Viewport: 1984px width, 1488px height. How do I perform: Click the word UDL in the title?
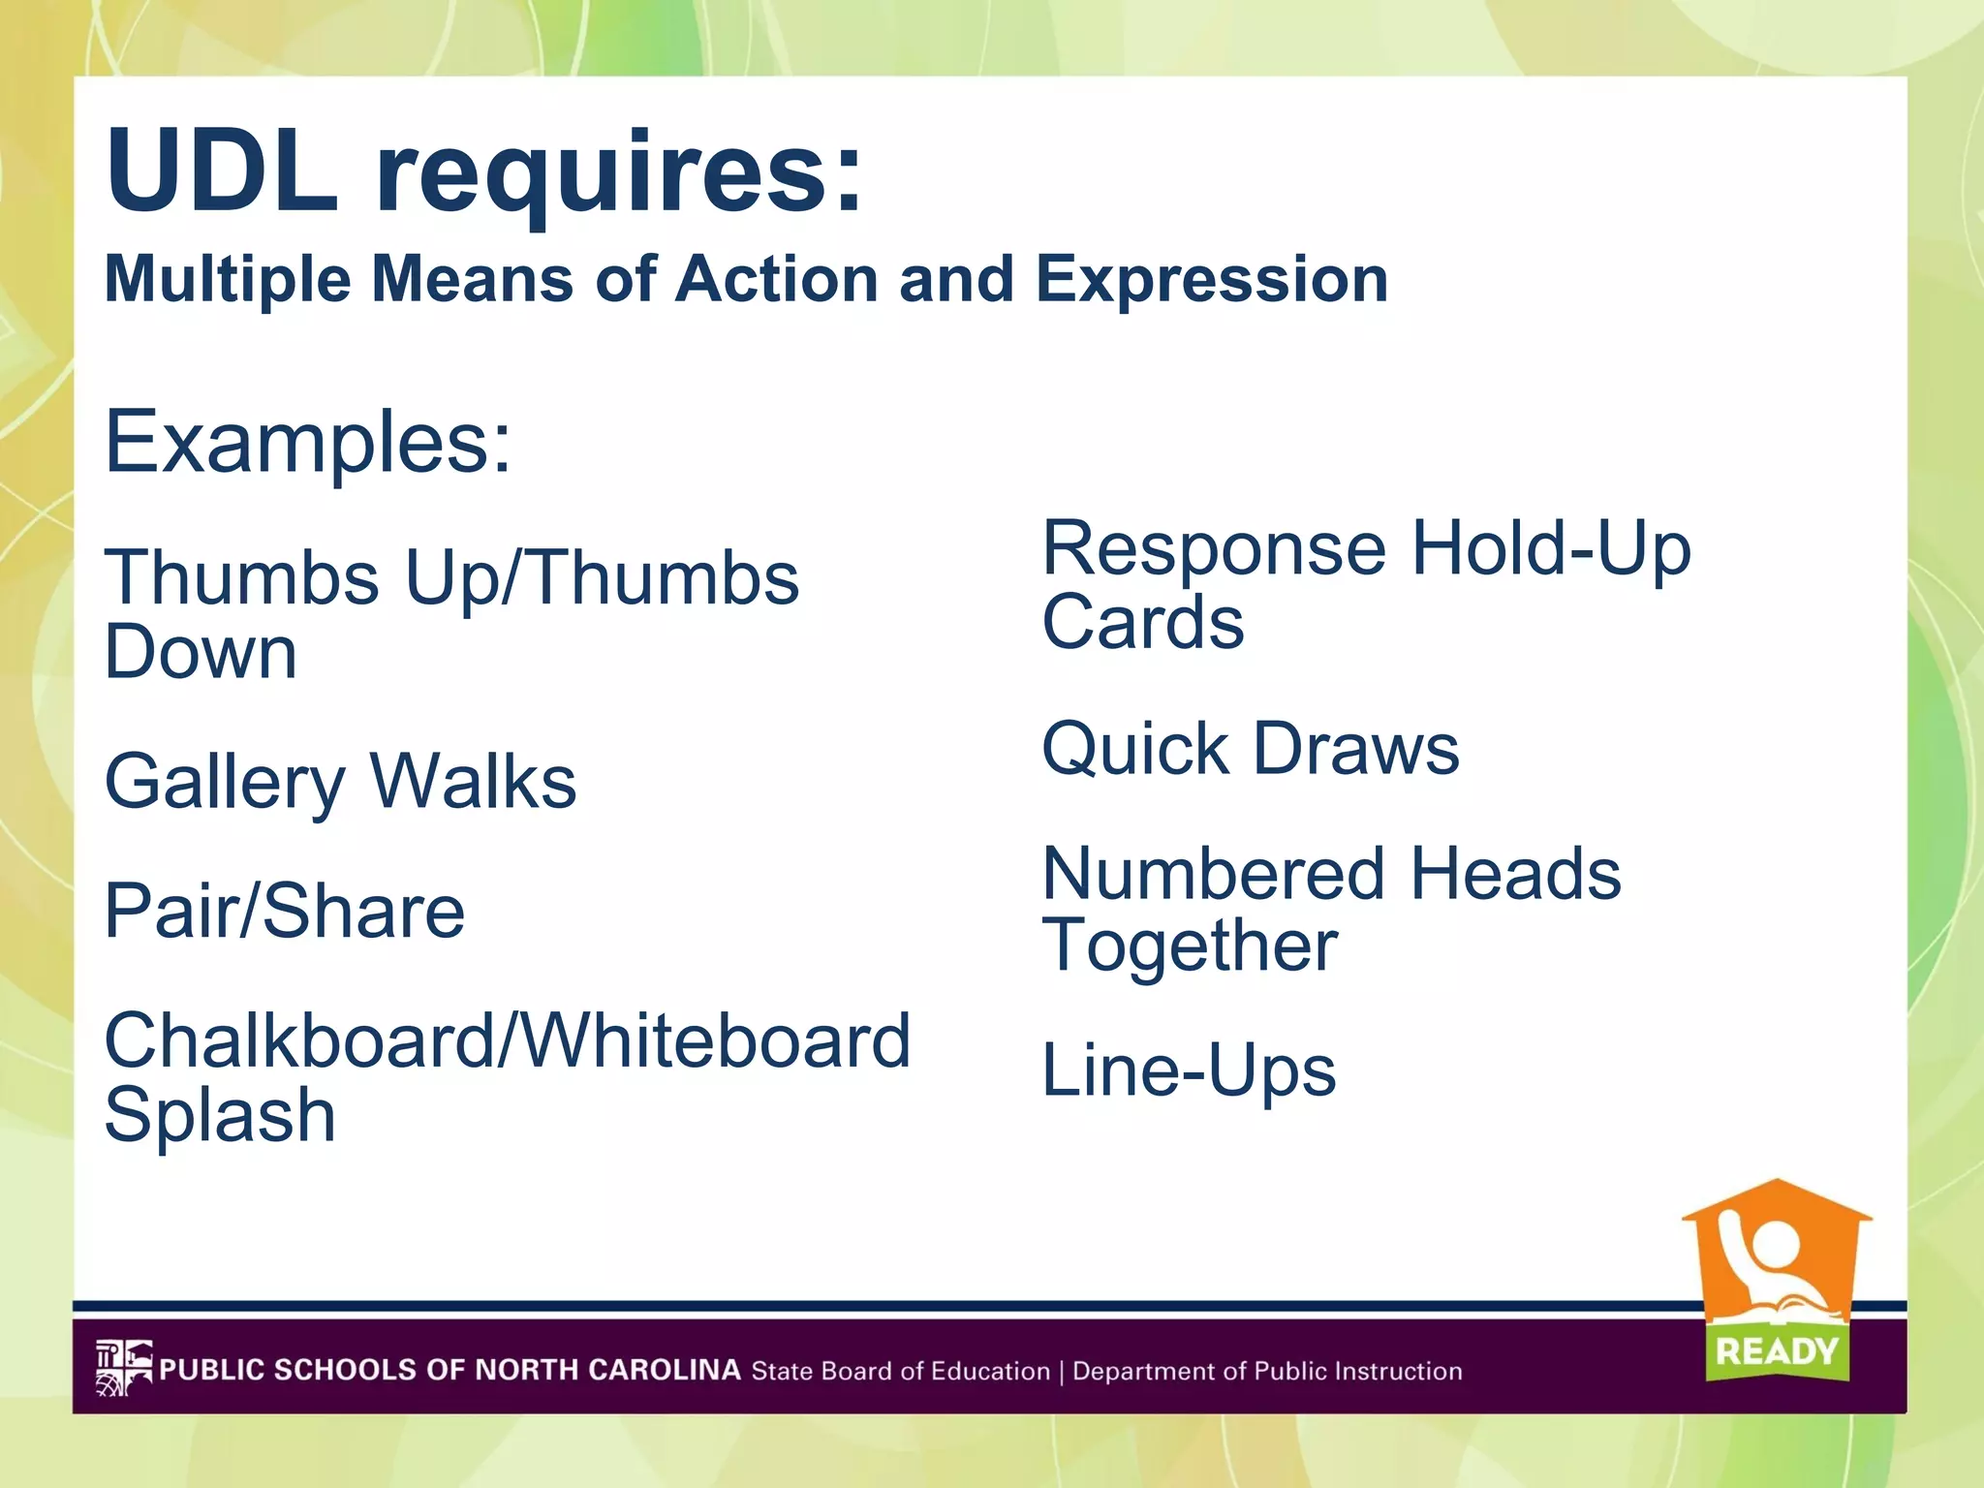point(223,172)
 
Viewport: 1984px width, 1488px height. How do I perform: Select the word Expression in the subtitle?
point(1212,279)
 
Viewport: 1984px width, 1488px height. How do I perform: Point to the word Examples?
point(308,442)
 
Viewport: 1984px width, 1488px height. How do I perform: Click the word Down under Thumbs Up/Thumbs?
point(201,652)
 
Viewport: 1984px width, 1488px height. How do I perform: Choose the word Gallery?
point(225,783)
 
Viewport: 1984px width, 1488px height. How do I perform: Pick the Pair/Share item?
point(285,911)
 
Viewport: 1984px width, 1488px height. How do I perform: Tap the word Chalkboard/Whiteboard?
point(508,1040)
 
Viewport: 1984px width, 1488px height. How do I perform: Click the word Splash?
point(220,1115)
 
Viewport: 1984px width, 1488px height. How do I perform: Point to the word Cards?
point(1143,622)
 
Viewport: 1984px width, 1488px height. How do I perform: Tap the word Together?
point(1190,946)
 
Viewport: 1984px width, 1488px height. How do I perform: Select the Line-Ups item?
point(1189,1071)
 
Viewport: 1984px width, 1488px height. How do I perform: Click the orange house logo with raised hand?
point(1776,1259)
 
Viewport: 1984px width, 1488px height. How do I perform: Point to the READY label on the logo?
point(1777,1351)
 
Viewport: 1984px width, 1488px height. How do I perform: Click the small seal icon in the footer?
point(124,1368)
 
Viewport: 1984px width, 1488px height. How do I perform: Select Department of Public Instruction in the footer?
point(1267,1372)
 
